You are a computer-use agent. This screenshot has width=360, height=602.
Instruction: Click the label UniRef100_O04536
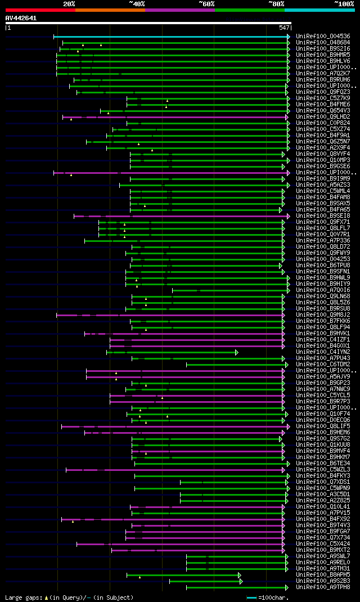322,37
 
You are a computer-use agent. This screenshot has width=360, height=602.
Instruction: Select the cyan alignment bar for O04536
169,37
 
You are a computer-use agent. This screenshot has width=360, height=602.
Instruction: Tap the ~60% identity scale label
206,4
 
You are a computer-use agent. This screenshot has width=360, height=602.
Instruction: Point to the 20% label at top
69,4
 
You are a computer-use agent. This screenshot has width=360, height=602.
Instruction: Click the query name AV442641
21,18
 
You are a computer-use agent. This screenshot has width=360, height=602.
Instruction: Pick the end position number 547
284,28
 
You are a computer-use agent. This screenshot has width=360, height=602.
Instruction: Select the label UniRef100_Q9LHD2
322,117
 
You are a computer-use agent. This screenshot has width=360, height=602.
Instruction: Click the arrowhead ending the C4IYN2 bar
237,352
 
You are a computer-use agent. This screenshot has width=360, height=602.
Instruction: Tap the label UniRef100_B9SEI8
322,215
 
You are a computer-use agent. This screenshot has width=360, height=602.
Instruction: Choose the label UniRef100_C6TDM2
322,365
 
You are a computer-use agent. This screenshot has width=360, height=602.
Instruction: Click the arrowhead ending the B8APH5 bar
240,575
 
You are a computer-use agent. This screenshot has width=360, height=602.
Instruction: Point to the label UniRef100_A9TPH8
322,587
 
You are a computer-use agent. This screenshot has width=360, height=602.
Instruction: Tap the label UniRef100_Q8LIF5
322,426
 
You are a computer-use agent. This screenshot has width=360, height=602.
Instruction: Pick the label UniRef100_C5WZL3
322,469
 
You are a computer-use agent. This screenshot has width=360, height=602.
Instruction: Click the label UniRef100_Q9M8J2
322,315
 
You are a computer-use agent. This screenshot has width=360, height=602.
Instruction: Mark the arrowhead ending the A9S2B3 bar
240,581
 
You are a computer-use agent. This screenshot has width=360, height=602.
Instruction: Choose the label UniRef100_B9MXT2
322,550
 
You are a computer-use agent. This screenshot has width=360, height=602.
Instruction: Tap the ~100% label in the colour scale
344,4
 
